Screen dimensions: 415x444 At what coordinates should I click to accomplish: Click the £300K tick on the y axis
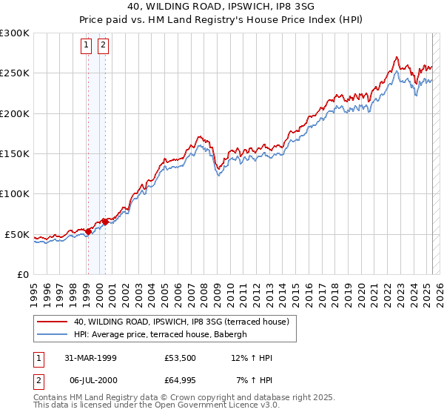point(15,33)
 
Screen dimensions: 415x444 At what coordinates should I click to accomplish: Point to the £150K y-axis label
point(15,154)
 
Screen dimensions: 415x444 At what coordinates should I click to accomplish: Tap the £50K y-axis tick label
point(18,234)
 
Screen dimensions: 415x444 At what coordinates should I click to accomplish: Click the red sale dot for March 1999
point(89,231)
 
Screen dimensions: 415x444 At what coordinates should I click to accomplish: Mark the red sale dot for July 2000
point(105,222)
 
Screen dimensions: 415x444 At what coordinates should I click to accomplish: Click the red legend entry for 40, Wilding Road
point(184,322)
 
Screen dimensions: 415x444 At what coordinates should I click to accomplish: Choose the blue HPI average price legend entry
point(164,334)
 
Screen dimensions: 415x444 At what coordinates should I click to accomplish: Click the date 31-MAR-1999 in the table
point(90,359)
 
